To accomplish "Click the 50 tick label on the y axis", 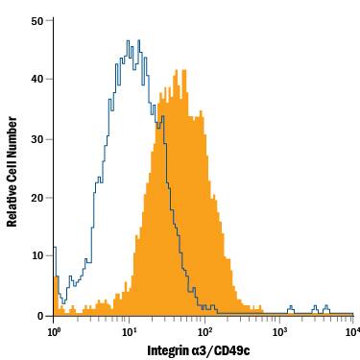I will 36,19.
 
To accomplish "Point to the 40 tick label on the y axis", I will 36,79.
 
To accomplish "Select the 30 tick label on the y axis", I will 36,138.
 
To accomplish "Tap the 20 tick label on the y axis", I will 36,198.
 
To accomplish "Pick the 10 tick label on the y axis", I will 36,256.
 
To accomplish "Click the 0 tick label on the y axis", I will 40,315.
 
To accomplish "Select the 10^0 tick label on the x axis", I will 54,331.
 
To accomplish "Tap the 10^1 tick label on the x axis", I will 128,331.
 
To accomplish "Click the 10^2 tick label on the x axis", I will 204,331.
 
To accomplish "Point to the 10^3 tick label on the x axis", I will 278,331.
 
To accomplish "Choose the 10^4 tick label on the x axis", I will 351,331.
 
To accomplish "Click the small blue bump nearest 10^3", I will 290,309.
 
